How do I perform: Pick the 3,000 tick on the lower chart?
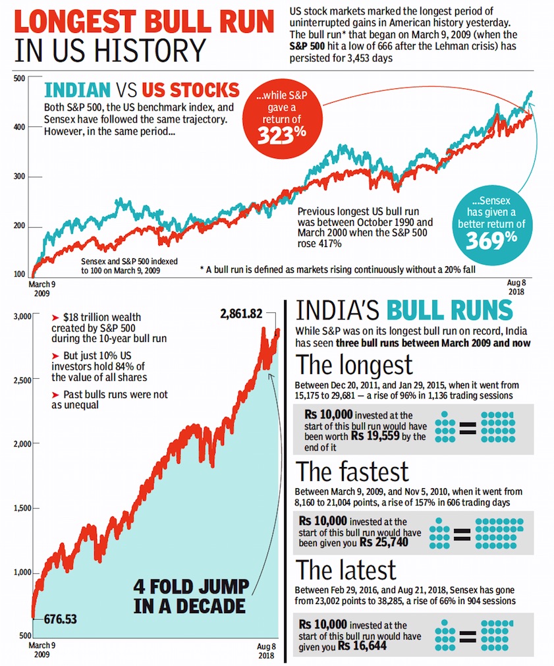coord(22,317)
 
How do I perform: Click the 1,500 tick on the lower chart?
coord(22,508)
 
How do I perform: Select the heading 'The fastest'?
coord(352,472)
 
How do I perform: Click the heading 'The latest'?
coord(346,570)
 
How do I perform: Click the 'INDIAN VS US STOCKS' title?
coord(141,90)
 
